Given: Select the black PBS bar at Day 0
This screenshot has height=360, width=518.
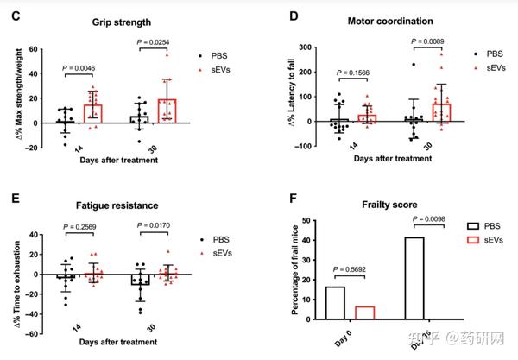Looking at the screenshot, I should pyautogui.click(x=335, y=303).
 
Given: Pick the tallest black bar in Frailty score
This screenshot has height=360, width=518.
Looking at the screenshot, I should pyautogui.click(x=416, y=277).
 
